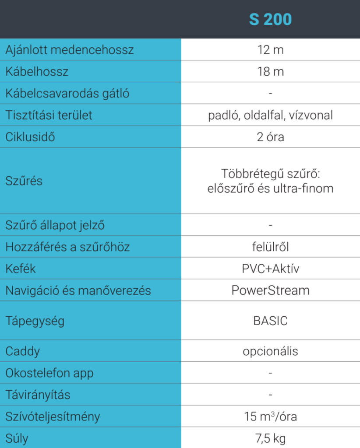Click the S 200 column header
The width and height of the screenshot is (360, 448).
(270, 20)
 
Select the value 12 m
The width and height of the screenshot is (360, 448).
(270, 50)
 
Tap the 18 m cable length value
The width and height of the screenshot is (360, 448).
(270, 71)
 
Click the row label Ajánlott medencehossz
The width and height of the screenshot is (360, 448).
(70, 50)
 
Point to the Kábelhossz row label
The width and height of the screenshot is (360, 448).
(37, 71)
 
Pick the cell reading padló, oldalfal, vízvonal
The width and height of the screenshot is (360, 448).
(270, 115)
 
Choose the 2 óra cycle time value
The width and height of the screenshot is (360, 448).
(270, 137)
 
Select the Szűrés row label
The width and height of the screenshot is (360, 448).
(24, 181)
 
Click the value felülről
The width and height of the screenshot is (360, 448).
(270, 247)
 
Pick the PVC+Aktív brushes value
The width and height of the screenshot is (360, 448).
(270, 268)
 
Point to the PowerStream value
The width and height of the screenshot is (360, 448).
(270, 290)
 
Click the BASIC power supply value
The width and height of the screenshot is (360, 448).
(270, 321)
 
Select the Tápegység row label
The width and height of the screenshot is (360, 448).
(35, 321)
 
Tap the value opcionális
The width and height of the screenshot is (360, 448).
(270, 351)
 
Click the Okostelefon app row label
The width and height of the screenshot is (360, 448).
(49, 373)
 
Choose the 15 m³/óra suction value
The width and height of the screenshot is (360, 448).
(270, 416)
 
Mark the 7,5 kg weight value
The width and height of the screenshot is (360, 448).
(270, 438)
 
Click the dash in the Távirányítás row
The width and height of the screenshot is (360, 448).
(270, 395)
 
